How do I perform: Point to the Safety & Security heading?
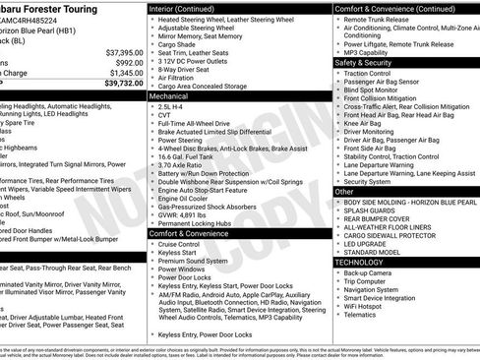(368, 62)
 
